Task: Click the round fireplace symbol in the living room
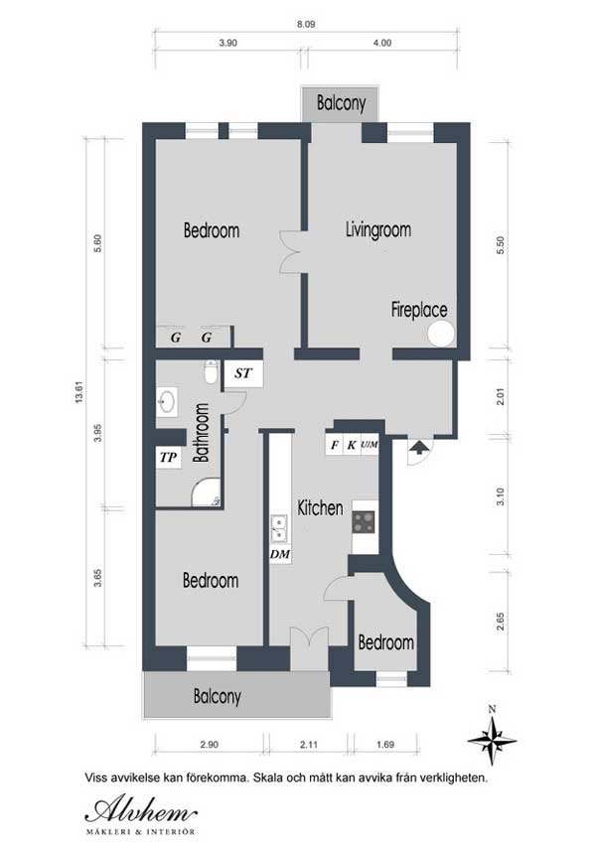pos(441,334)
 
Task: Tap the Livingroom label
pos(378,230)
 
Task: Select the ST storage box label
pos(243,372)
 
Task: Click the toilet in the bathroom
pos(212,372)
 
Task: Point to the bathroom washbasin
pos(167,401)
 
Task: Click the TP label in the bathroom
pos(168,458)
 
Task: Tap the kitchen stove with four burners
pos(365,521)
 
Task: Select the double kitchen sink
pos(279,528)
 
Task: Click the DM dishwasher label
pos(280,554)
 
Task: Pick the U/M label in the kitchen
pos(370,445)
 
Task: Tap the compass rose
pos(492,741)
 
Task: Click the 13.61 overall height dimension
pos(80,392)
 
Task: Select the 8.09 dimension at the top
pos(306,24)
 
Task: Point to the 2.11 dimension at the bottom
pos(309,745)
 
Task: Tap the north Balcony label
pos(341,102)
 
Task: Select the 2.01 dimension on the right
pos(501,397)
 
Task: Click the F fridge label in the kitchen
pos(335,445)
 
